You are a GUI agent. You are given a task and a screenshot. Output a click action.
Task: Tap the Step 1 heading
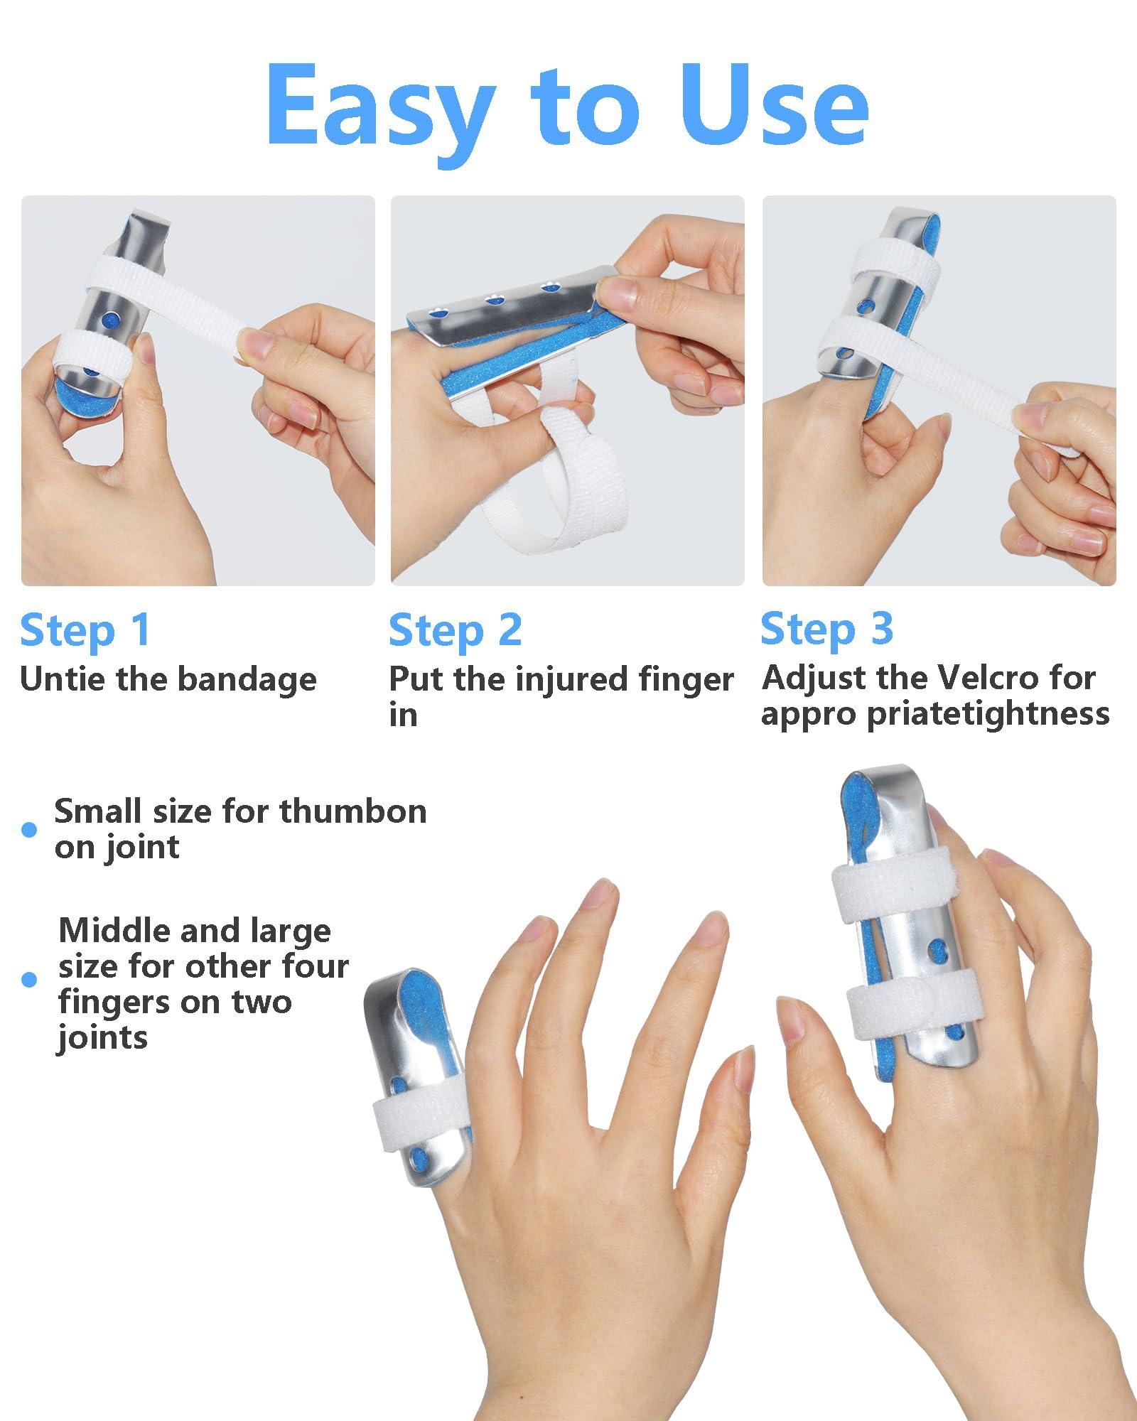coord(85,630)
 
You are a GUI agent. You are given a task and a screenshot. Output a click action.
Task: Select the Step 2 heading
coord(455,630)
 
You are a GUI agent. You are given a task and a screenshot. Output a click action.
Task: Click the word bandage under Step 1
coord(247,680)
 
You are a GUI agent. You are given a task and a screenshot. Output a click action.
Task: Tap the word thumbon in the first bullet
coord(353,811)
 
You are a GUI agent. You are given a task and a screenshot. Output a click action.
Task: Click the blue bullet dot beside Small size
coord(29,829)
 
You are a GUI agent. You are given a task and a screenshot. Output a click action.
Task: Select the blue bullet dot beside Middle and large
coord(29,980)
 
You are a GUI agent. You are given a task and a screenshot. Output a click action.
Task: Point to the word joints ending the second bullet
coord(102,1038)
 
